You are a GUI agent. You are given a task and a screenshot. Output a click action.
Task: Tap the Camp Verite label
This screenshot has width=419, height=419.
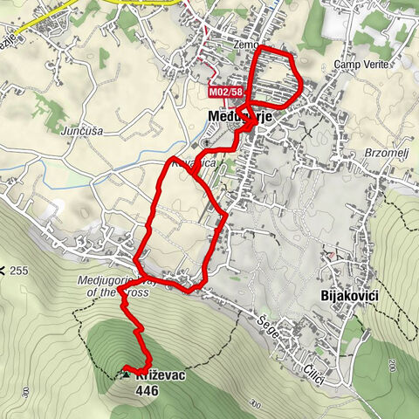coord(359,65)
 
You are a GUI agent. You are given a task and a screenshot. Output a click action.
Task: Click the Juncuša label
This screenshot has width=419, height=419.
coord(84,132)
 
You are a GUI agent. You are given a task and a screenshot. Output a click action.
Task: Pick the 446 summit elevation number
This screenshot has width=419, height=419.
coord(148,390)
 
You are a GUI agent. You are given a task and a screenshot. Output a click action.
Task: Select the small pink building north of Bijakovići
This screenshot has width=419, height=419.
coord(331,255)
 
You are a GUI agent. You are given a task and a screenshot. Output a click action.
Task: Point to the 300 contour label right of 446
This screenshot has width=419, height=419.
coord(254,404)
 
